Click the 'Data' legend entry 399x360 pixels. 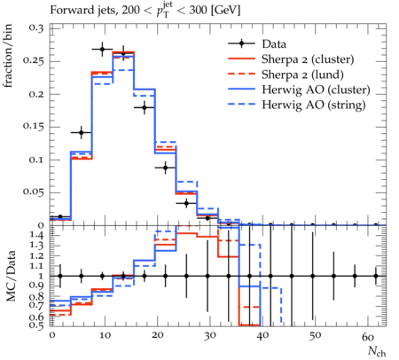274,44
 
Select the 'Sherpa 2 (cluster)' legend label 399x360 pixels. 308,59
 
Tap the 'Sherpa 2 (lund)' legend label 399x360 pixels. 302,74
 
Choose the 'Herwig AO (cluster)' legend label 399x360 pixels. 316,90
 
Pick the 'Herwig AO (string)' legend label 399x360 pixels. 314,105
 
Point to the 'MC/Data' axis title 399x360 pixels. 11,276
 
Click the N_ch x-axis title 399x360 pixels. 377,351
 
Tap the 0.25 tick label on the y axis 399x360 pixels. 34,61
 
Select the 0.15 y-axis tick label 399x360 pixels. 34,127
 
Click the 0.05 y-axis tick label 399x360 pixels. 34,192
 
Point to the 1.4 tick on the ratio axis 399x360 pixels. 37,236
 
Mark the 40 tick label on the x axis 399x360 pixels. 262,335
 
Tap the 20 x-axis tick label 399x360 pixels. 157,335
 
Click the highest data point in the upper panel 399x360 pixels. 102,50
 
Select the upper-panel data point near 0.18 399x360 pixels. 145,107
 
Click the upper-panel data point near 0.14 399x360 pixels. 82,133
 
